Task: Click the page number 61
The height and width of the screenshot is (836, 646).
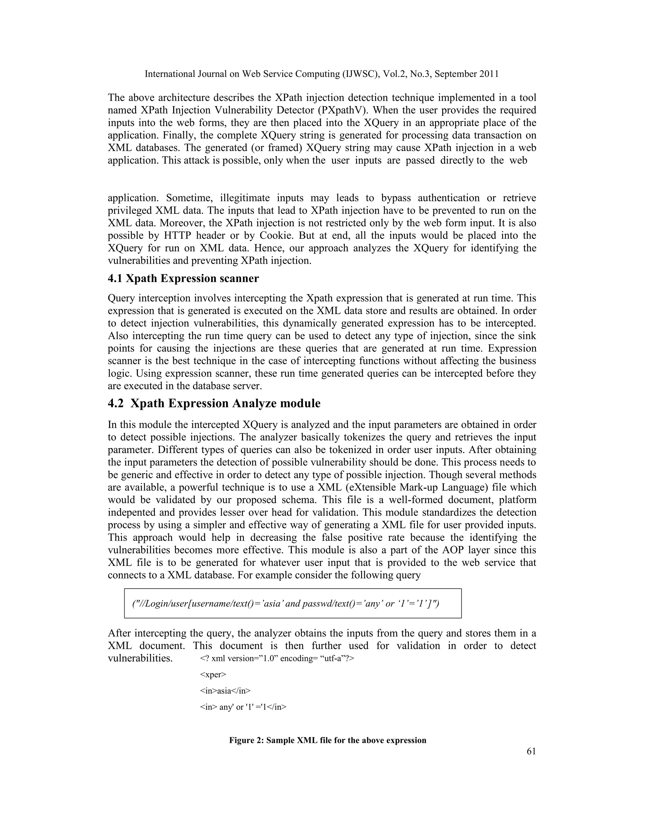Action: click(531, 751)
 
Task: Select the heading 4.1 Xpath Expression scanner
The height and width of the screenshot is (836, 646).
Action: click(183, 278)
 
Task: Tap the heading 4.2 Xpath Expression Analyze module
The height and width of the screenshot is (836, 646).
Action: click(214, 403)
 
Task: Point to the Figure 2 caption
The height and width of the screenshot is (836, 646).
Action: click(328, 740)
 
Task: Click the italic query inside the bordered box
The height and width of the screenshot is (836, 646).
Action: click(285, 603)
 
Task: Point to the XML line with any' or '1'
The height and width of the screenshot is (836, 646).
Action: click(243, 707)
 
